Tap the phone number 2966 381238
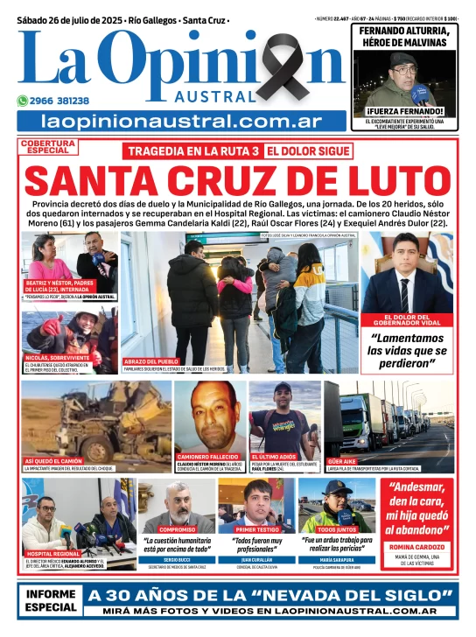(x=59, y=101)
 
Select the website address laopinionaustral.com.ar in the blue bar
(x=181, y=122)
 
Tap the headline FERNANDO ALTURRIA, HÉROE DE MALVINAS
(x=405, y=37)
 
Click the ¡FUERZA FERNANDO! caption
(x=405, y=111)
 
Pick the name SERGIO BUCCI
(x=178, y=558)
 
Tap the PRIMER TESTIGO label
(x=257, y=529)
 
